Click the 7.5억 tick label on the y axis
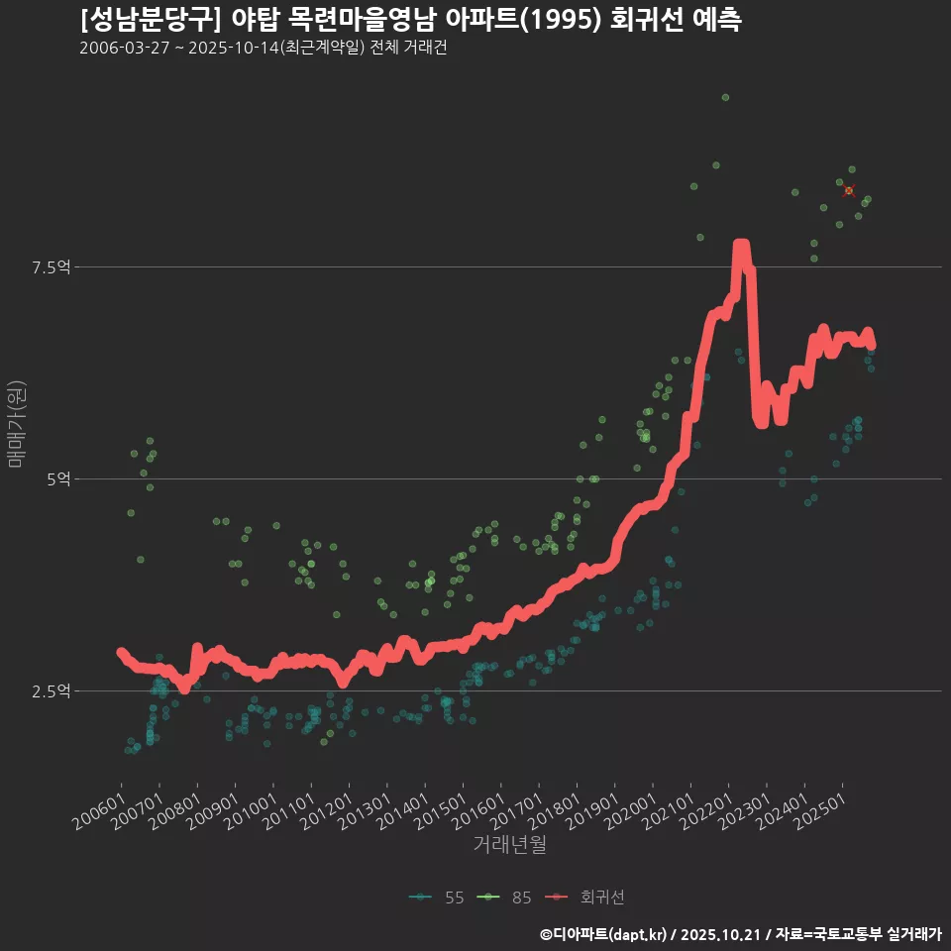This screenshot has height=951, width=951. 52,267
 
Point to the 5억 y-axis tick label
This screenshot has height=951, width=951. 58,479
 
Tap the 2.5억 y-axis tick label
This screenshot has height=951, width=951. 52,690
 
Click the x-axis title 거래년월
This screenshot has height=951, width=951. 510,844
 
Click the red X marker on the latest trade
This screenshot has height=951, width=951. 849,190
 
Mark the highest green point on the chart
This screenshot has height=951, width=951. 725,97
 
